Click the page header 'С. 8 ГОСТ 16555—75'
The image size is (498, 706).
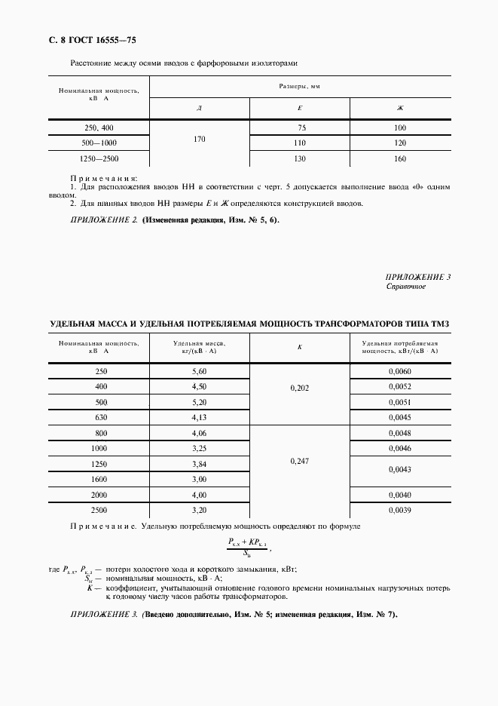(x=92, y=38)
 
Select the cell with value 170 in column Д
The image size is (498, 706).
(x=199, y=139)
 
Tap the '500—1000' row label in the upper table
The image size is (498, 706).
(x=99, y=143)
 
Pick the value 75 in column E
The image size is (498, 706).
(x=301, y=127)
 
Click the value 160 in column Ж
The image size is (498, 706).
(x=400, y=158)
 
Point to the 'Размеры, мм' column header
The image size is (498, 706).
(x=300, y=87)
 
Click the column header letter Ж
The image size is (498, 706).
(x=400, y=109)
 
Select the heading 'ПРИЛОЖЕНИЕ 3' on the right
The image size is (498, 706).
(x=417, y=277)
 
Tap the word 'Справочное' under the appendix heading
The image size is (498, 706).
(x=406, y=287)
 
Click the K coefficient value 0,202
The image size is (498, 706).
(x=300, y=388)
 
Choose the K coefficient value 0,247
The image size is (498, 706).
(x=300, y=460)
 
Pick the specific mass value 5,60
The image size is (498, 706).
(x=200, y=371)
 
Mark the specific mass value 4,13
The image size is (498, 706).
(x=200, y=417)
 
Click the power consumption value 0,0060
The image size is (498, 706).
(x=400, y=371)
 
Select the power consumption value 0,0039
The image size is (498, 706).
(x=400, y=510)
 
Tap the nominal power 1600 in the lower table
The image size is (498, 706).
(x=99, y=479)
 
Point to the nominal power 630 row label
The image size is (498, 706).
(x=99, y=417)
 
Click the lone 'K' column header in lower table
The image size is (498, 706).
(x=300, y=346)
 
